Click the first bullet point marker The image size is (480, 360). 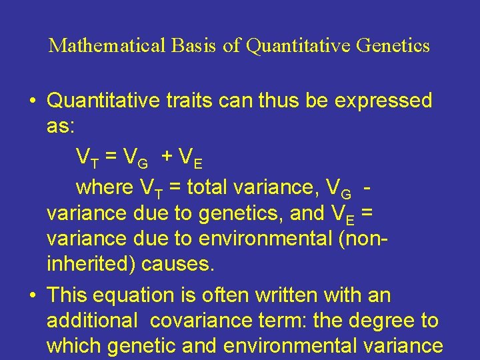pyautogui.click(x=33, y=101)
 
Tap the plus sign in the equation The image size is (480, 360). pyautogui.click(x=167, y=157)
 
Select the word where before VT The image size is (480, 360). pyautogui.click(x=105, y=187)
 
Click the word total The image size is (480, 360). pyautogui.click(x=211, y=187)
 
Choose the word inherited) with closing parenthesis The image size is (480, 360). pyautogui.click(x=91, y=265)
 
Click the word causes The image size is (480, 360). pyautogui.click(x=179, y=265)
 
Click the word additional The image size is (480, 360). pyautogui.click(x=91, y=321)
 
